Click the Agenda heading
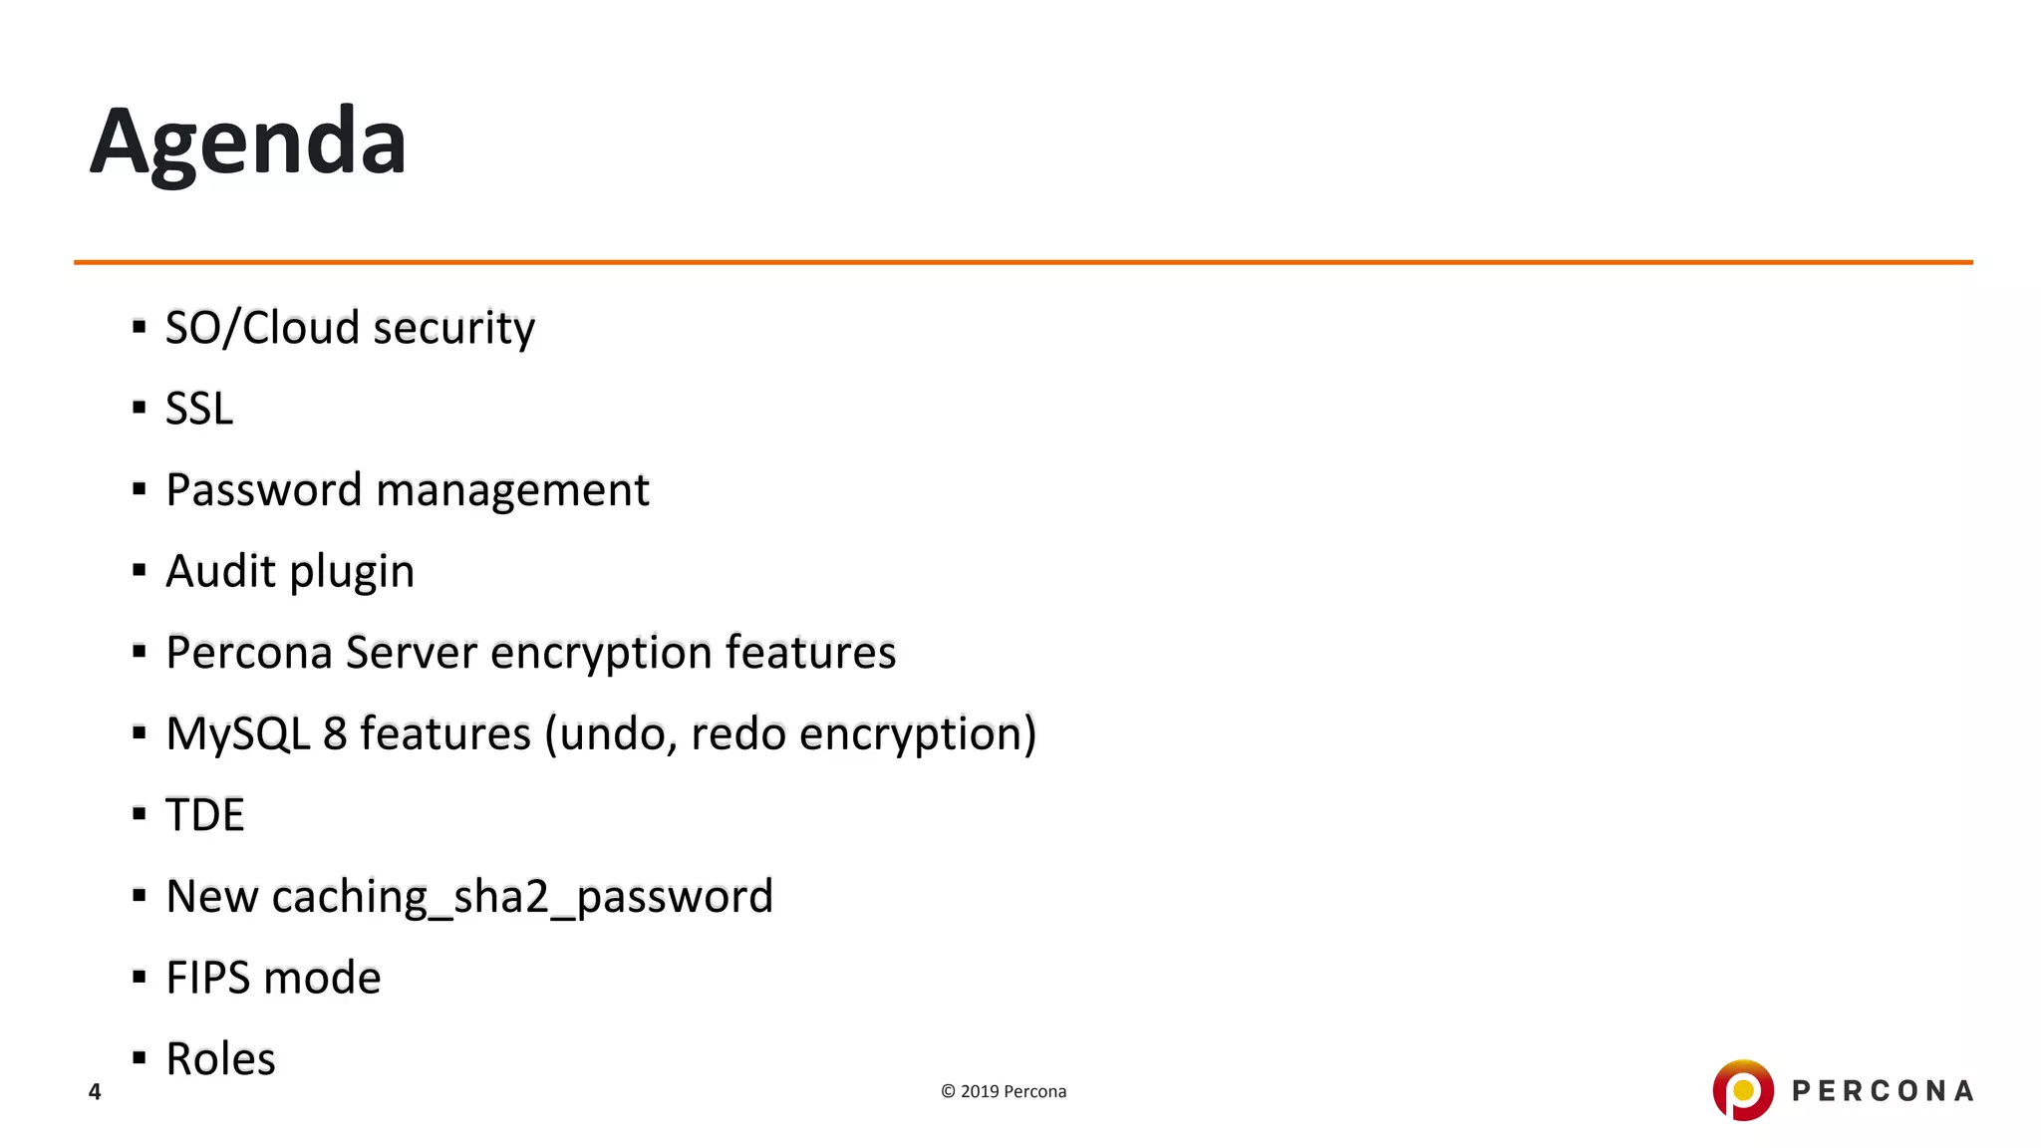click(x=248, y=143)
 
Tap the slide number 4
click(x=95, y=1092)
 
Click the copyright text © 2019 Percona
click(x=1004, y=1092)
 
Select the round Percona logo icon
click(x=1742, y=1090)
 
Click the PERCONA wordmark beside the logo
click(x=1883, y=1092)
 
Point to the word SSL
click(x=199, y=409)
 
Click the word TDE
click(x=205, y=815)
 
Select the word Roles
click(x=220, y=1059)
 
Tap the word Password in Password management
click(x=263, y=490)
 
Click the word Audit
click(x=220, y=571)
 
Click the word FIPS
click(x=207, y=978)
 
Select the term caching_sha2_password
click(x=522, y=897)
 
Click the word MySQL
click(x=238, y=734)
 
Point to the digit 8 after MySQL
click(x=335, y=734)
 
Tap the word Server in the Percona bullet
click(x=412, y=653)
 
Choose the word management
click(x=512, y=491)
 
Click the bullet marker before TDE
click(x=140, y=814)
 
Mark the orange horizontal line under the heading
click(x=1022, y=262)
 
